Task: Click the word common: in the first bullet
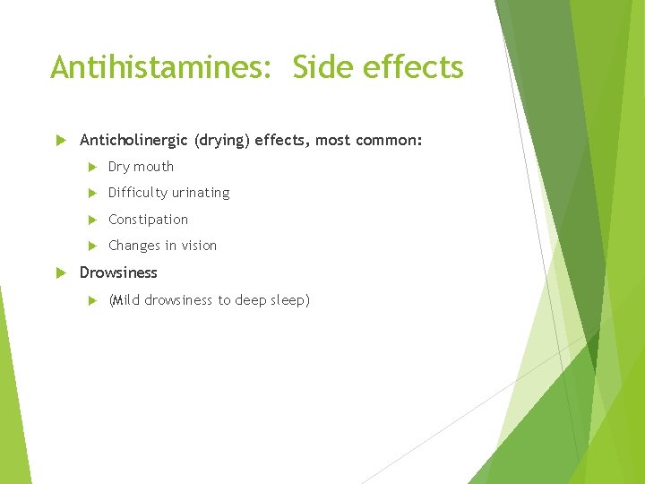click(x=390, y=141)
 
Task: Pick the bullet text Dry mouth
click(x=141, y=167)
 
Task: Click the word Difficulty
click(x=138, y=193)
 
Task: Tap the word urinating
click(x=201, y=193)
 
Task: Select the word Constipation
click(x=148, y=220)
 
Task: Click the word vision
click(x=198, y=246)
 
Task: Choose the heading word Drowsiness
click(x=118, y=272)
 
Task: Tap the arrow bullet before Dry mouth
click(x=91, y=167)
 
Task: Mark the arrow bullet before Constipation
click(x=91, y=220)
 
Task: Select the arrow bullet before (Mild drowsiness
click(x=91, y=300)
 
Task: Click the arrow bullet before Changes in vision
click(x=91, y=246)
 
